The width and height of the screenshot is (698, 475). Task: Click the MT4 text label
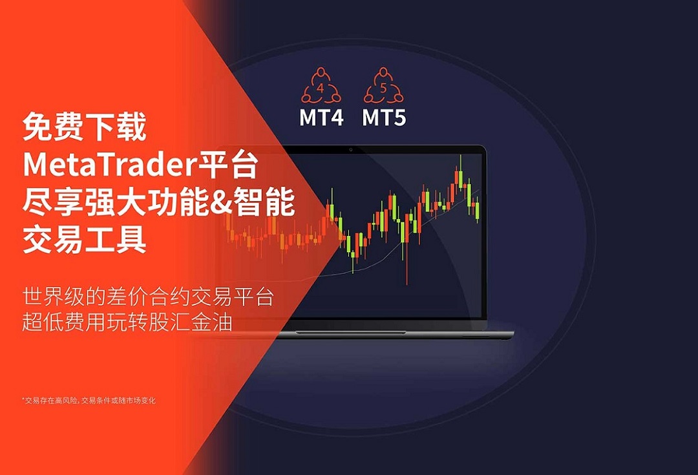321,118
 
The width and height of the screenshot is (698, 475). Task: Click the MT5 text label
384,118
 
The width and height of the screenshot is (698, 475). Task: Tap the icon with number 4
321,85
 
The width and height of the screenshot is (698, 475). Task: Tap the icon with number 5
383,85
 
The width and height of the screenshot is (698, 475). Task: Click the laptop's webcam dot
351,150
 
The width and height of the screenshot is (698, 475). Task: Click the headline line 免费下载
85,127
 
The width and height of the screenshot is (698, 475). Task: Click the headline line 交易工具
85,240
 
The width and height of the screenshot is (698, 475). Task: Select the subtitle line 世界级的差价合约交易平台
147,297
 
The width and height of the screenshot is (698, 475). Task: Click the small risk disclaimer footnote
89,400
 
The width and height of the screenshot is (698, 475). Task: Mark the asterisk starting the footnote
23,399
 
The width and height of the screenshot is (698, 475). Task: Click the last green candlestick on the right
478,212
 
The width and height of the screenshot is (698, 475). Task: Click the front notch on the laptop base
350,333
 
